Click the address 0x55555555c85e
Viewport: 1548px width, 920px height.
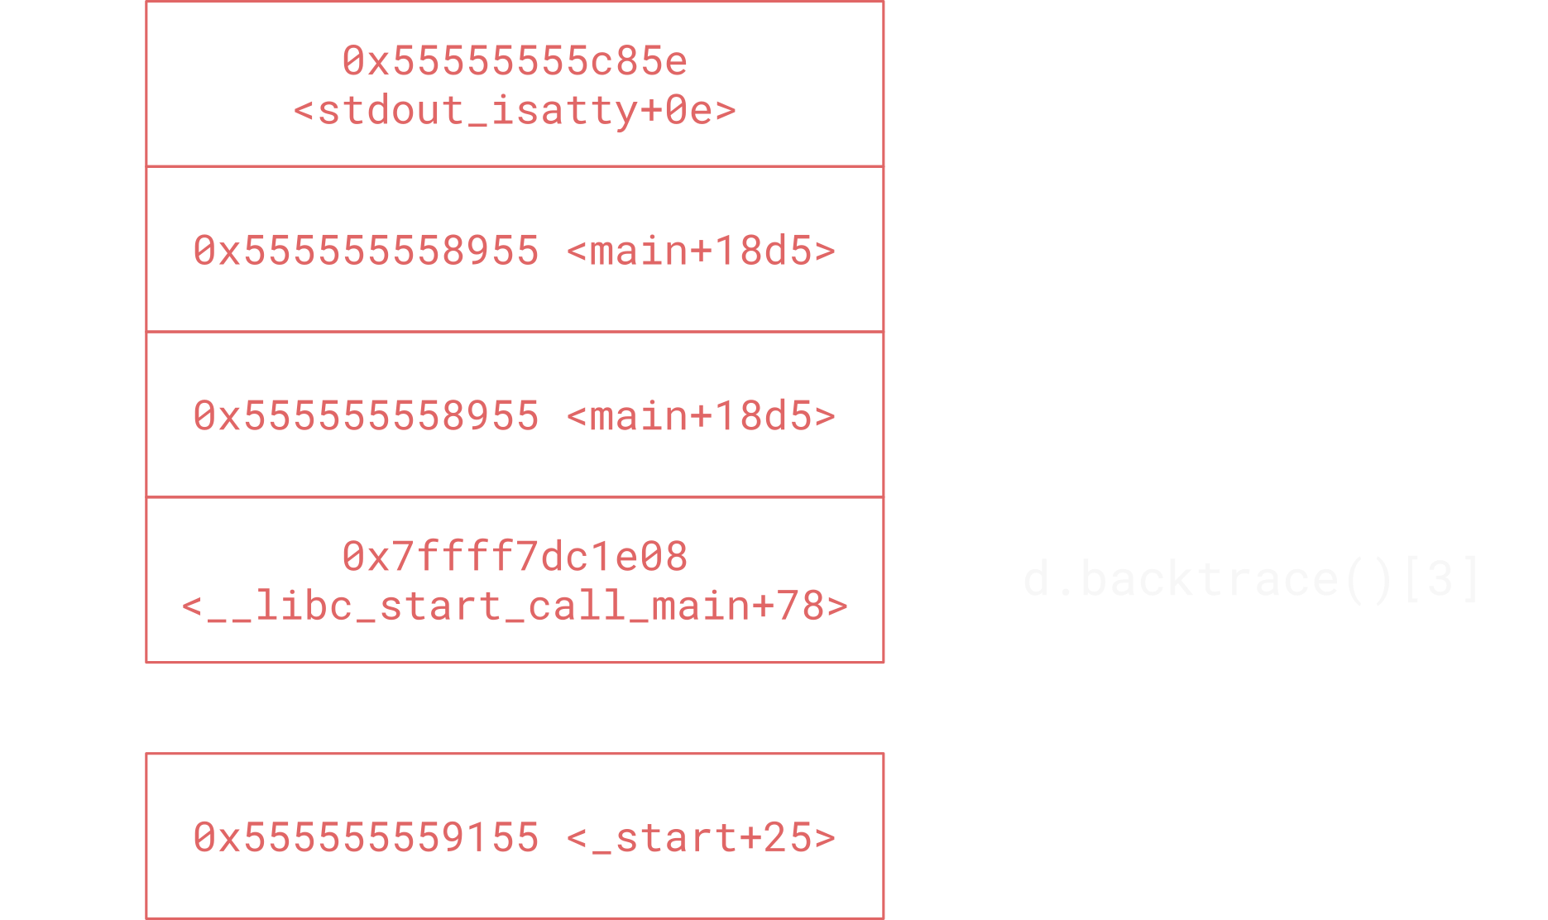[x=515, y=61]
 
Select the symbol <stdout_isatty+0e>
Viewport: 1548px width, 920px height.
[x=515, y=111]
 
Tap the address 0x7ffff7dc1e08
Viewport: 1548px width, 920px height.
[x=515, y=556]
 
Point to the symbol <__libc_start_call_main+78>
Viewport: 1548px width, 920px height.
[x=515, y=606]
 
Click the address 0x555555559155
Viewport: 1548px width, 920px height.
[x=366, y=837]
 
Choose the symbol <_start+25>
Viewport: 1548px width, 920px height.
[x=702, y=837]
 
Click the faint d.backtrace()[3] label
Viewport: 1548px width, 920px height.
[x=1251, y=578]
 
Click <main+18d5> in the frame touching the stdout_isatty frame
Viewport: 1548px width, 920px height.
[x=702, y=250]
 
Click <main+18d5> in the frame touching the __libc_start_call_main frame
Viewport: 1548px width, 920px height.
[x=702, y=415]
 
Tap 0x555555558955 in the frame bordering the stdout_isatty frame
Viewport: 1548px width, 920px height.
[x=366, y=250]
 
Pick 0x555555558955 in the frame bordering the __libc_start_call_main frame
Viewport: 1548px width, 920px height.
[x=366, y=415]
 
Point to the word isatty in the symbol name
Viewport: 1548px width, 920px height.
[x=564, y=111]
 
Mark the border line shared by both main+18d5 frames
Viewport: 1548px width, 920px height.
[x=515, y=332]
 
